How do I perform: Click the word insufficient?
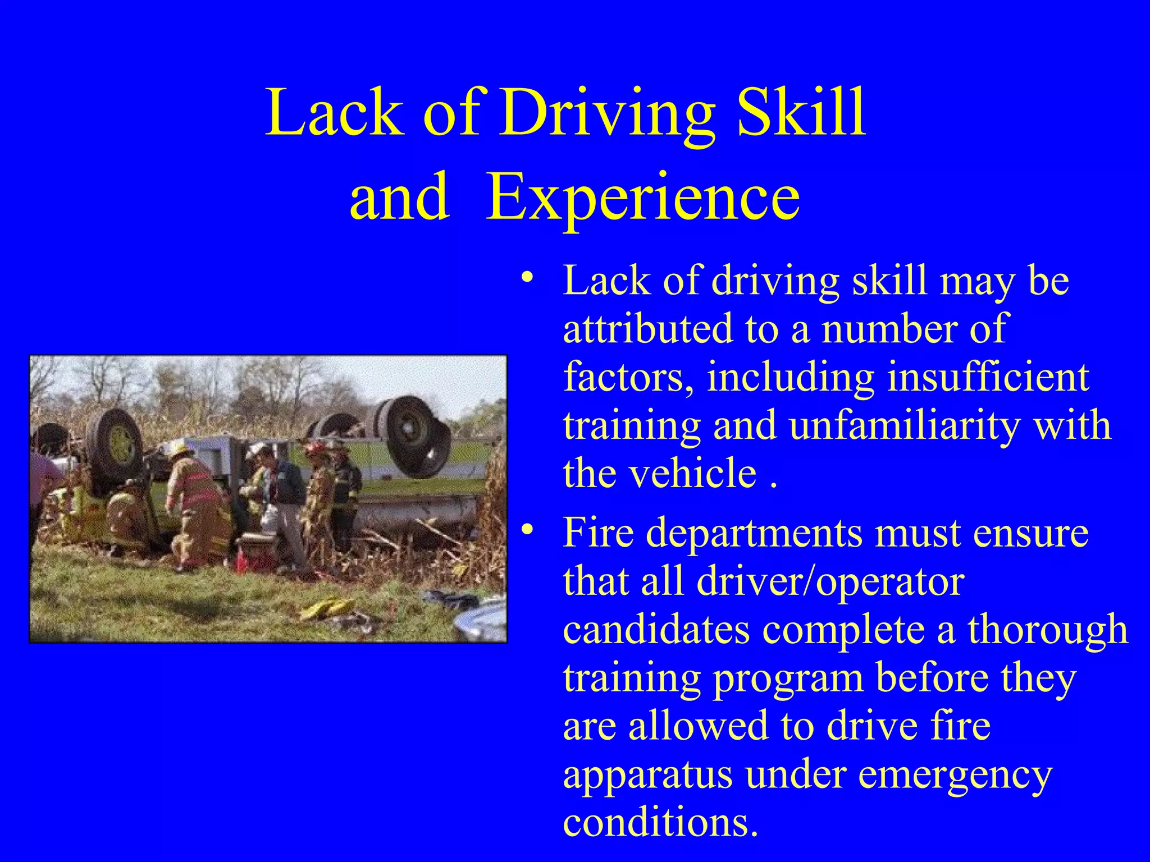[989, 377]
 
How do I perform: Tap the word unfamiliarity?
[905, 425]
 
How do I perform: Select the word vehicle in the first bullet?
[692, 473]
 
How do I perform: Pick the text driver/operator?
[830, 581]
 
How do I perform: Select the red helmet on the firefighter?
[314, 448]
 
